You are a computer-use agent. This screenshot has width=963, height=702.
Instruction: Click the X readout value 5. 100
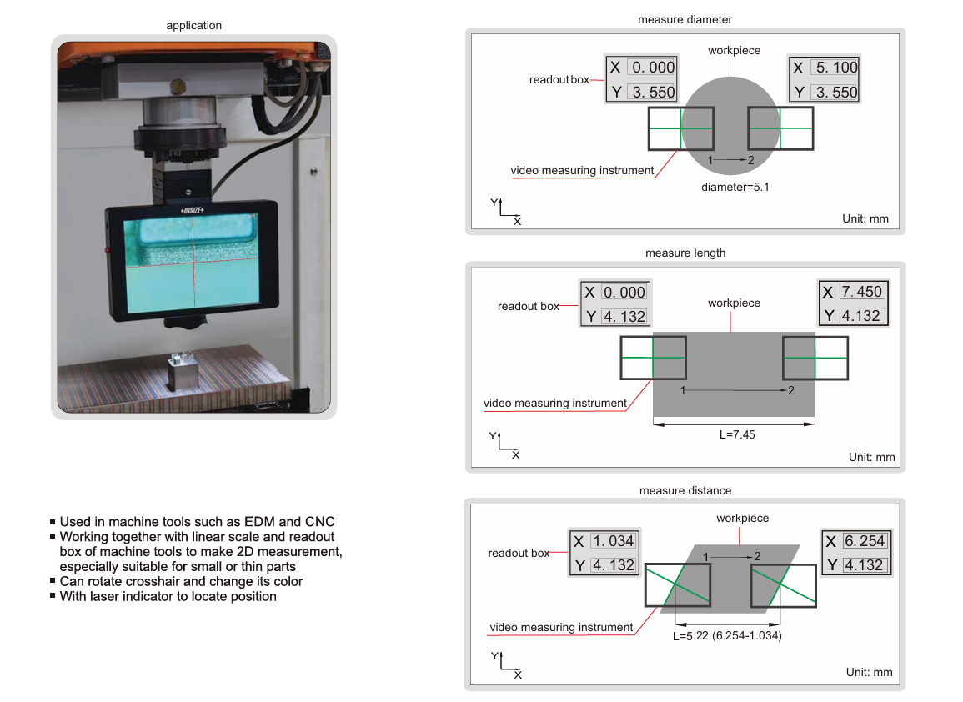click(836, 68)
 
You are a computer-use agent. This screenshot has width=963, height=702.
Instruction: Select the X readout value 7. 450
click(861, 291)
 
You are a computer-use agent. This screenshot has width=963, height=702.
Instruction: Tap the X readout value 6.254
click(864, 540)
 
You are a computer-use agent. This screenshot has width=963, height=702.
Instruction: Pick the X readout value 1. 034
click(613, 540)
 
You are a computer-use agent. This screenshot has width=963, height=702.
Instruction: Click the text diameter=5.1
click(735, 187)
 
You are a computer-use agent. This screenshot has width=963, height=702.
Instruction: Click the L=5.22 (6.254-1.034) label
click(726, 635)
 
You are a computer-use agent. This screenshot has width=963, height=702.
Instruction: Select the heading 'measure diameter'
click(685, 19)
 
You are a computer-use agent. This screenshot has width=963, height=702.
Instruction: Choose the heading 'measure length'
click(685, 253)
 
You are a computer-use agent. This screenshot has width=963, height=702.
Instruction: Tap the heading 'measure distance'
click(685, 490)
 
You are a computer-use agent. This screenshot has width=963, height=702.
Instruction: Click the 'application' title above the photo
click(193, 25)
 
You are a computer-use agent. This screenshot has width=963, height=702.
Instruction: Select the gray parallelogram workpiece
click(730, 584)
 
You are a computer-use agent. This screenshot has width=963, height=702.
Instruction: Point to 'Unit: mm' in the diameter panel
click(866, 219)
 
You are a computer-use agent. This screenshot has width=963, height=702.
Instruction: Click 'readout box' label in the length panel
click(528, 306)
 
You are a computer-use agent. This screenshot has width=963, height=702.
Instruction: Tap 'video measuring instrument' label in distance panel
click(561, 627)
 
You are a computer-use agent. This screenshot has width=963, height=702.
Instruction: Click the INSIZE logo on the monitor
click(193, 211)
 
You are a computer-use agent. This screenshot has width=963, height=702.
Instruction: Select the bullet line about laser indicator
click(168, 596)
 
